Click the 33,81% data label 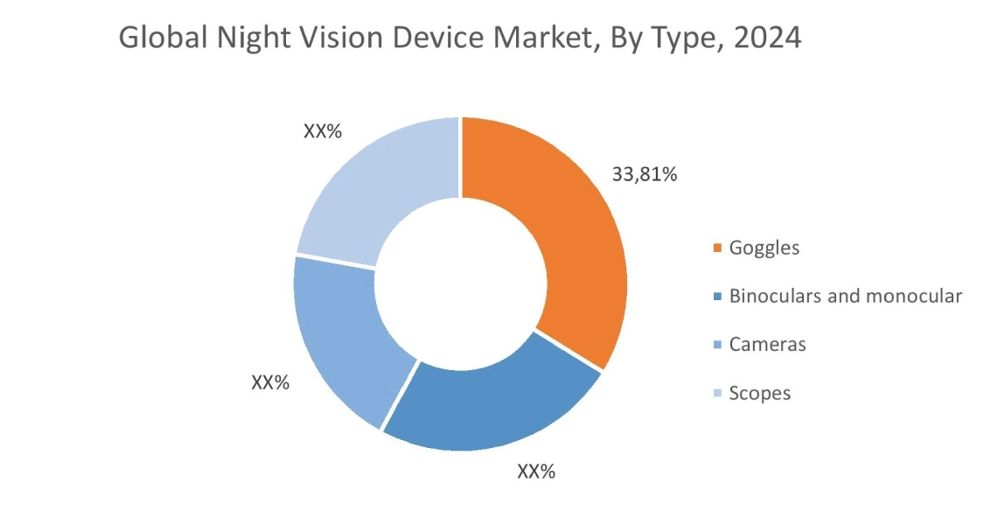tap(645, 174)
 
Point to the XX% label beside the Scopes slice tap(322, 131)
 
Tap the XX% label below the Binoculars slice tap(536, 472)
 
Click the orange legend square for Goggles tap(718, 248)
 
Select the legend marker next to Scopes tap(718, 394)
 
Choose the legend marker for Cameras tap(718, 346)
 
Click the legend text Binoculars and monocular tap(846, 296)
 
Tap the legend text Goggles tap(764, 248)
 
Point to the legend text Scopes tap(760, 393)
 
